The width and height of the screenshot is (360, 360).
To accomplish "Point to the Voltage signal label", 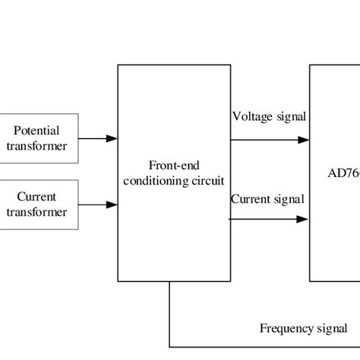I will click(x=269, y=116).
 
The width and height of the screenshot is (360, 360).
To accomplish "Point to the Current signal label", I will click(x=267, y=199).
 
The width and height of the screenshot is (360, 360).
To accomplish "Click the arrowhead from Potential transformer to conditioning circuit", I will click(x=112, y=139).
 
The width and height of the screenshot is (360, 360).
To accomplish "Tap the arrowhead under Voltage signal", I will click(x=304, y=140).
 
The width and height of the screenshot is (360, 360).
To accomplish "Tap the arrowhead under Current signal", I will click(x=304, y=219).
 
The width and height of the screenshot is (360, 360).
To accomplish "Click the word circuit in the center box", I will click(x=207, y=180).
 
